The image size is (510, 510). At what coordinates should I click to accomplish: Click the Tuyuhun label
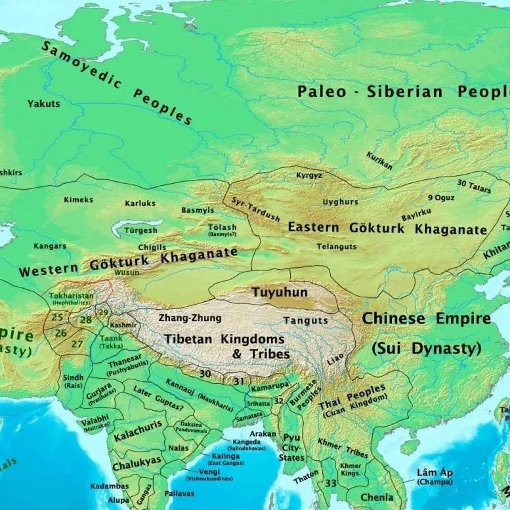pos(280,292)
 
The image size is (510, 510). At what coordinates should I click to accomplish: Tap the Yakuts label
pos(43,104)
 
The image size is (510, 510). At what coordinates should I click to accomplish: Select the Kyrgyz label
pos(308,176)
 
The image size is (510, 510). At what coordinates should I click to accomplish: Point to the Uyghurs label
pos(341,202)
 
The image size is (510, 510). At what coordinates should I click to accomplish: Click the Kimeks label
pos(78,200)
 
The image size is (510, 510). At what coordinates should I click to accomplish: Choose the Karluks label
pos(140,203)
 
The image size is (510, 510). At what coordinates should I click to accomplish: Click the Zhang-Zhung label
pos(190,318)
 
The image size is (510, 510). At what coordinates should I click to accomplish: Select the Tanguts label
pos(305,320)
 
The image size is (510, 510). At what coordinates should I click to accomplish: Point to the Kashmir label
pos(124,325)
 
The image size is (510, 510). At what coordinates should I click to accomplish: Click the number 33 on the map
pos(331,484)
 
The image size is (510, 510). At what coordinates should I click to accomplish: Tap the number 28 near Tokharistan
pos(86,320)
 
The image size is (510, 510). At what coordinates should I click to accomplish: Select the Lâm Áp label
pos(434,473)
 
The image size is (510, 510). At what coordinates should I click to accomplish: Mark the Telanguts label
pos(337,246)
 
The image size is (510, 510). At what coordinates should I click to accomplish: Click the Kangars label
pos(50,246)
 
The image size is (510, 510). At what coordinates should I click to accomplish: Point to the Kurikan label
pos(379,160)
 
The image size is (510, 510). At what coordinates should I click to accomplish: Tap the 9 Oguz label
pos(440,197)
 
